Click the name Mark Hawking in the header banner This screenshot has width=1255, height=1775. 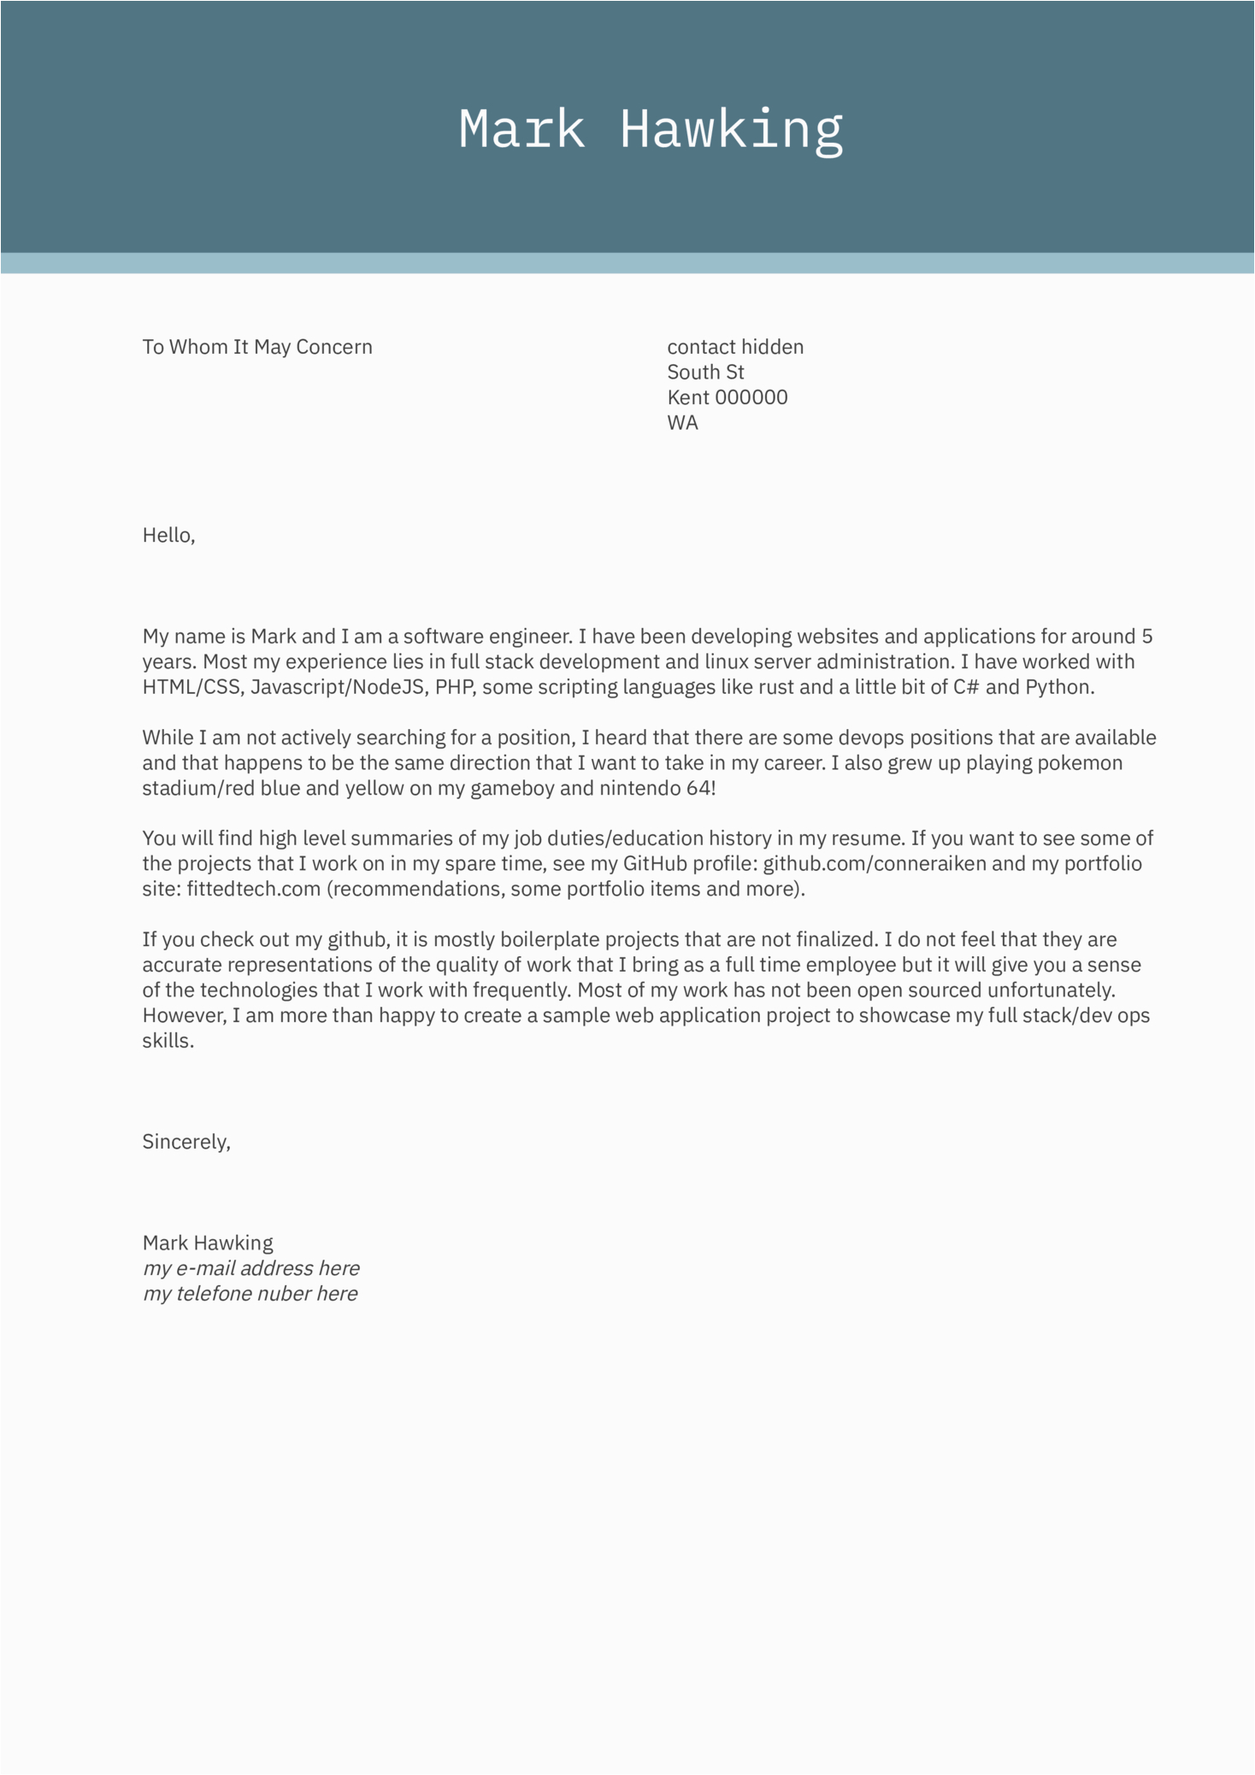[651, 129]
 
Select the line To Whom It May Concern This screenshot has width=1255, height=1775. [257, 347]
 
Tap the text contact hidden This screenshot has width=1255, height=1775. [735, 347]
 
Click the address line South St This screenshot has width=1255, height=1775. [705, 372]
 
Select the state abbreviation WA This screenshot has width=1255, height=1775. [682, 423]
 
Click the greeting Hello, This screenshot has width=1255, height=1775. [168, 536]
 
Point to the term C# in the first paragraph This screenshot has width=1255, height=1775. [966, 687]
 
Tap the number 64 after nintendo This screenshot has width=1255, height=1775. [699, 788]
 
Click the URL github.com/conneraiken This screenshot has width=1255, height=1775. [875, 863]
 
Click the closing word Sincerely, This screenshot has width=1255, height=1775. [186, 1142]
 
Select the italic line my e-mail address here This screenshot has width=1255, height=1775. [250, 1268]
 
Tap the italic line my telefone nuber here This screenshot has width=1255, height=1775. [250, 1294]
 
